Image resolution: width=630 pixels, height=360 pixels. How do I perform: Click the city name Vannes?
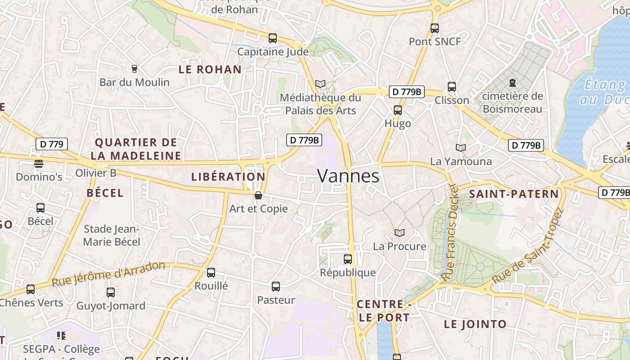click(348, 176)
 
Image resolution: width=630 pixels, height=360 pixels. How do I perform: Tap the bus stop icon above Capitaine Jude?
click(273, 38)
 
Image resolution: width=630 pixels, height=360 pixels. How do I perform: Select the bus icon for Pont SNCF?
click(435, 28)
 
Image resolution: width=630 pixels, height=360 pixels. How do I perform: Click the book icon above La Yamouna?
click(460, 148)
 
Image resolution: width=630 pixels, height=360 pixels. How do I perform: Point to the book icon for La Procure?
click(399, 233)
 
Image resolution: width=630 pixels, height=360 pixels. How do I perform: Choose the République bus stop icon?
click(348, 259)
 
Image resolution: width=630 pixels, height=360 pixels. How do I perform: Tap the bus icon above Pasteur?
click(276, 287)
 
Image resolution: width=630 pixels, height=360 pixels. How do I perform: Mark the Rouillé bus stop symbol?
click(211, 273)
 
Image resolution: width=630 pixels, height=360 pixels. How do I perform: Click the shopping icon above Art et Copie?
click(258, 195)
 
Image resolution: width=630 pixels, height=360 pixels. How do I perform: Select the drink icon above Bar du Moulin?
click(134, 69)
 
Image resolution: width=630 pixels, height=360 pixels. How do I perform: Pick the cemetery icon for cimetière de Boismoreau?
click(512, 83)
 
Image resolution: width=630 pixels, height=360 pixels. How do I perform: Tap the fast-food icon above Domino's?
click(39, 163)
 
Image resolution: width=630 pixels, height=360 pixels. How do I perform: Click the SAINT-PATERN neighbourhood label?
click(513, 194)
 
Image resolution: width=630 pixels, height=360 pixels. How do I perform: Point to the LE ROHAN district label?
click(210, 70)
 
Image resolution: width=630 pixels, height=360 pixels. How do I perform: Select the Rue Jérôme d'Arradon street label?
click(108, 274)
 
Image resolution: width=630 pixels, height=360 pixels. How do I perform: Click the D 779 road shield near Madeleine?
click(52, 144)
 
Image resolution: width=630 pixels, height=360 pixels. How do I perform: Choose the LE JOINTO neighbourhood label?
click(475, 324)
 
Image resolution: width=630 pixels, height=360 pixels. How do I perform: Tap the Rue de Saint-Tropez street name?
click(527, 247)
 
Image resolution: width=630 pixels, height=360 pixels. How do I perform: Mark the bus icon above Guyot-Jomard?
click(111, 292)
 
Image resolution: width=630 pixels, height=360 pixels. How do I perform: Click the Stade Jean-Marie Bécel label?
click(112, 235)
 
